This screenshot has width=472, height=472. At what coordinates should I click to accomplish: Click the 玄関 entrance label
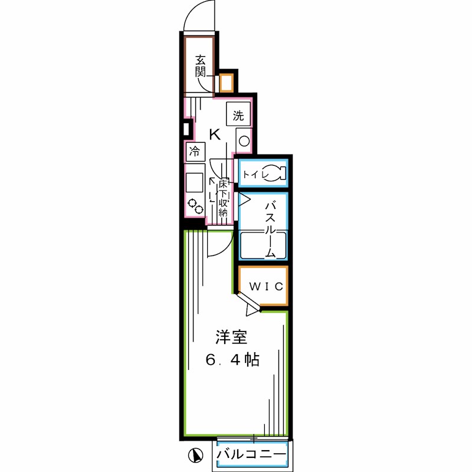[x=201, y=66]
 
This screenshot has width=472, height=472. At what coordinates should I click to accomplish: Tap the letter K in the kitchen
[x=215, y=135]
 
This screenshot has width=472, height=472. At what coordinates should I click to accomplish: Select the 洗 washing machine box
[x=238, y=115]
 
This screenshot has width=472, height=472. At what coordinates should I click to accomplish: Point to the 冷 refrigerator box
[x=194, y=151]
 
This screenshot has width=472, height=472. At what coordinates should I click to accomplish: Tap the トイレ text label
[x=254, y=174]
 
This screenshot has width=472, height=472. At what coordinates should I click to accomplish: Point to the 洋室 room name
[x=230, y=337]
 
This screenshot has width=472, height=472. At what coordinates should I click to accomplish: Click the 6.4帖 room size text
[x=232, y=359]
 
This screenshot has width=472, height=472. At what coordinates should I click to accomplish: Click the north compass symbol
[x=195, y=455]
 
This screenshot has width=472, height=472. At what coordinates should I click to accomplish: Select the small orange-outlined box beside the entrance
[x=225, y=83]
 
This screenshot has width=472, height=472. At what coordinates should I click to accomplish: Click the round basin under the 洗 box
[x=243, y=140]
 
